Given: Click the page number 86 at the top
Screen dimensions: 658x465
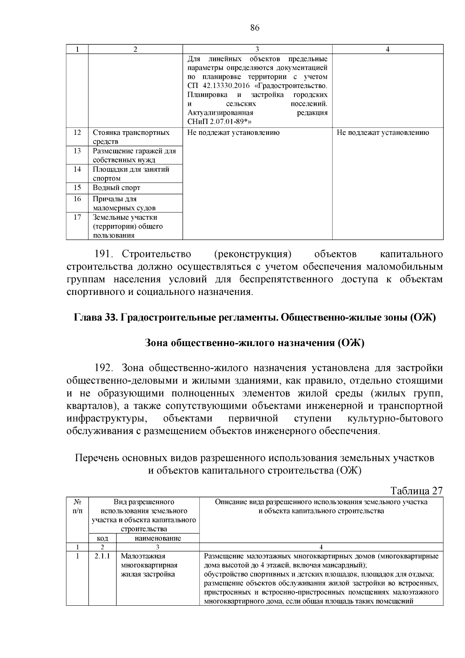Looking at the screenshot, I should click(x=255, y=28).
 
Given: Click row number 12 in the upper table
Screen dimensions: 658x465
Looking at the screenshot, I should click(x=77, y=133).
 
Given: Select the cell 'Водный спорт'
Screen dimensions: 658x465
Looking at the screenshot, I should click(x=116, y=188).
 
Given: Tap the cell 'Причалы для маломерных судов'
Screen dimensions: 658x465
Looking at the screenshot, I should click(x=124, y=203).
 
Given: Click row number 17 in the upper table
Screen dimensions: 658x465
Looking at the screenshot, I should click(x=77, y=217).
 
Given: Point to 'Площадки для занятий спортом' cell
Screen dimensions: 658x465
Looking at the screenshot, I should click(x=131, y=174).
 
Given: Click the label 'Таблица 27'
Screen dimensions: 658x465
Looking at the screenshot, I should click(x=417, y=491).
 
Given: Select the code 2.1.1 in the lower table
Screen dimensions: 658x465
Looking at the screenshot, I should click(x=102, y=556).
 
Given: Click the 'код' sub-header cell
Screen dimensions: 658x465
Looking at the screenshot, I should click(x=102, y=538).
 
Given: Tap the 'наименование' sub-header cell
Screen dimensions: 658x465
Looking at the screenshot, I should click(x=158, y=538).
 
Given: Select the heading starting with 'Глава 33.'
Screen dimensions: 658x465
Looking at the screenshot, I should click(x=255, y=317).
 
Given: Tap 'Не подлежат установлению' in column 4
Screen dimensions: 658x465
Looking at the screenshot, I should click(x=383, y=133).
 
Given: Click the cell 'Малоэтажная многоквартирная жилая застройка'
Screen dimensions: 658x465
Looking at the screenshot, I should click(x=149, y=565).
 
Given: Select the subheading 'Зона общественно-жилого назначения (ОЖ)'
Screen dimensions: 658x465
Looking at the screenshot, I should click(x=255, y=343).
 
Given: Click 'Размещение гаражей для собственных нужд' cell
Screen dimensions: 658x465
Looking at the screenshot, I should click(x=134, y=155).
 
